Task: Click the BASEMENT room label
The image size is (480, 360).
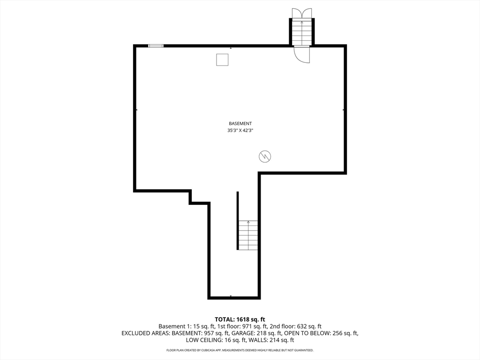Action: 240,123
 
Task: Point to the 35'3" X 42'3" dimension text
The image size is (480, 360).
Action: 240,131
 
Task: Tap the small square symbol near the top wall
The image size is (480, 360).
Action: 222,60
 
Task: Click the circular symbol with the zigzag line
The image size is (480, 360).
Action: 265,157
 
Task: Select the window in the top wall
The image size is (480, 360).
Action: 156,45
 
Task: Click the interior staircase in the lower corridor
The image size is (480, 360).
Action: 248,235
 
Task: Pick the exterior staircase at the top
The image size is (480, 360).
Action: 301,32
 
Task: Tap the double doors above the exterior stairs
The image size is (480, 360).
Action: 301,13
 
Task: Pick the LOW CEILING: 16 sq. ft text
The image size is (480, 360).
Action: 214,340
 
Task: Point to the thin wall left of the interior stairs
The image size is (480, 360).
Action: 238,220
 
